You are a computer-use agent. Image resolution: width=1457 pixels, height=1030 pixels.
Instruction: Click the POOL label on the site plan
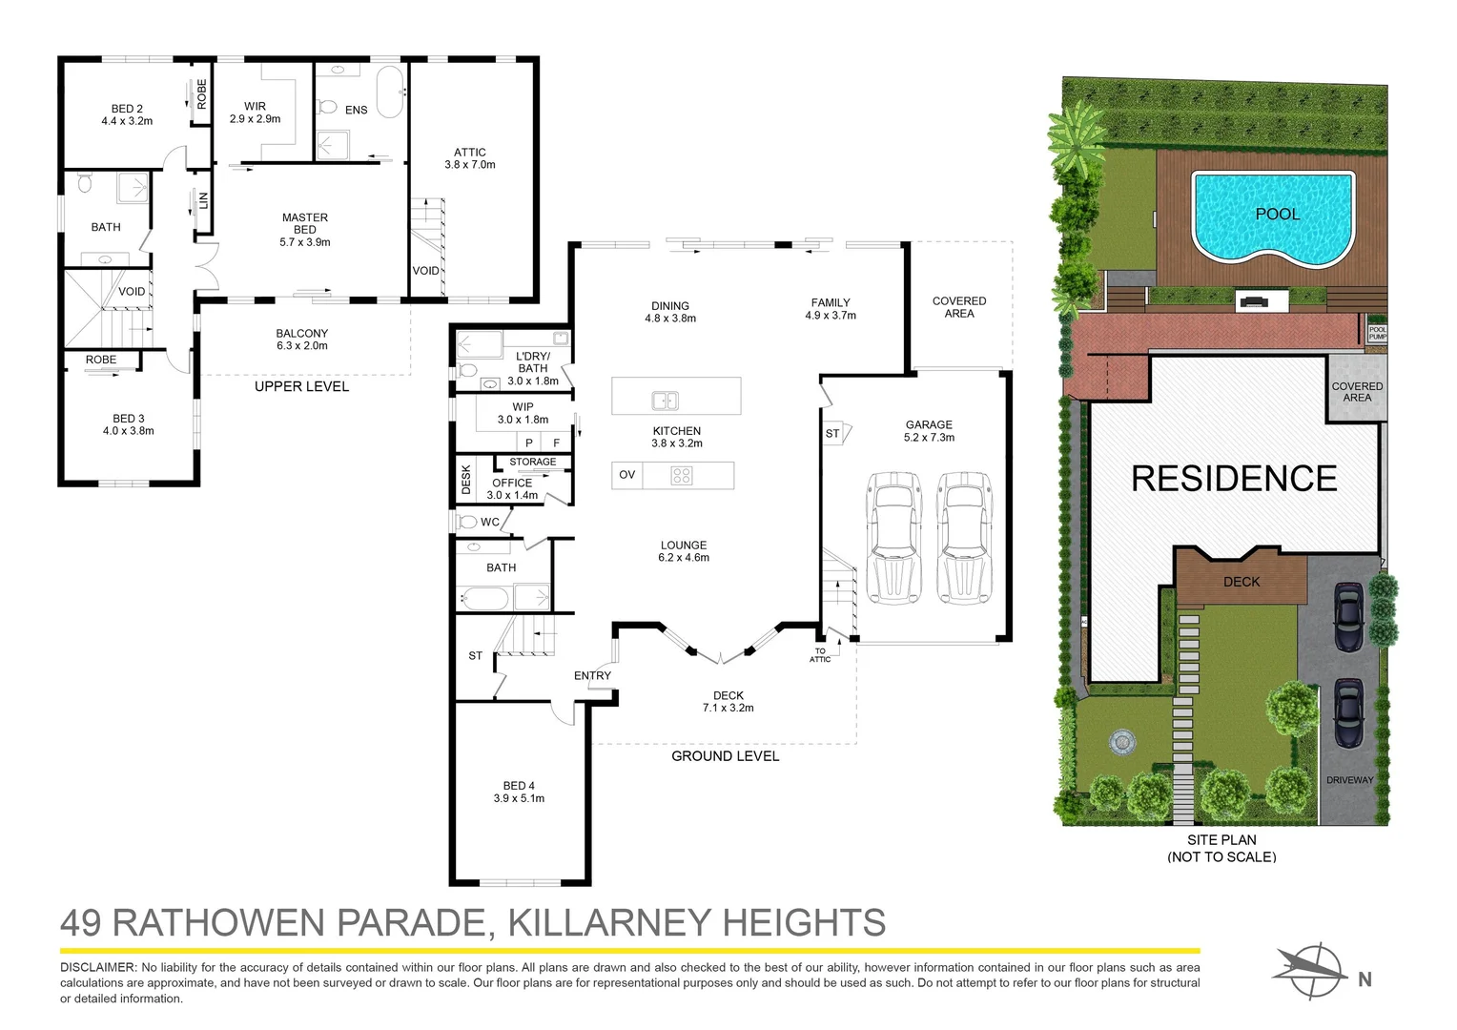pos(1277,214)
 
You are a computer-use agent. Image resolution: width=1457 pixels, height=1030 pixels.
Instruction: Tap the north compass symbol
pos(1313,972)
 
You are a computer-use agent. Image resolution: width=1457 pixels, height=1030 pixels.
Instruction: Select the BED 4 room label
pos(519,792)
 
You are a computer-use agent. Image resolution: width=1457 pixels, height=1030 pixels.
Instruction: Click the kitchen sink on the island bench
pos(665,401)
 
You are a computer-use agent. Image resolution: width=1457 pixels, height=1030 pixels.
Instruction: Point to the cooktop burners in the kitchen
pos(681,475)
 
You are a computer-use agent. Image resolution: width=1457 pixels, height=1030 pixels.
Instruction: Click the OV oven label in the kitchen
pos(626,475)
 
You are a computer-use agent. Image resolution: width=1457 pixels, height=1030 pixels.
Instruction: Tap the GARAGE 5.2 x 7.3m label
pos(929,431)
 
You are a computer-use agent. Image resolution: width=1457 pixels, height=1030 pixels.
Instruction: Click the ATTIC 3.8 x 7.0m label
pos(470,158)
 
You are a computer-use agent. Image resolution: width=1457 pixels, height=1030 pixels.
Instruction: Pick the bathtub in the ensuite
pos(390,92)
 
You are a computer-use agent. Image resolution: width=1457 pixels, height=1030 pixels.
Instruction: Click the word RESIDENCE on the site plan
pos(1234,478)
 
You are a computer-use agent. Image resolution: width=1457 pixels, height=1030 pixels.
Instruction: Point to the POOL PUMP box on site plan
pos(1378,333)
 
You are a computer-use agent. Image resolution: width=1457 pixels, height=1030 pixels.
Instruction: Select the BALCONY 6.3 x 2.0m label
pos(302,340)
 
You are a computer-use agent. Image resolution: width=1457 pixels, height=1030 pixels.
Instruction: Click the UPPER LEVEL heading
pos(301,386)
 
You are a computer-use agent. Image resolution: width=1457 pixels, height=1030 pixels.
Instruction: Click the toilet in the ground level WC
pos(467,522)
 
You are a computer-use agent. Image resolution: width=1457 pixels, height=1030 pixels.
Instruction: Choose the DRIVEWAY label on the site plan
pos(1349,780)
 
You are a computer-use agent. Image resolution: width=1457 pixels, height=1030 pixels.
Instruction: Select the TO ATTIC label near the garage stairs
pos(820,655)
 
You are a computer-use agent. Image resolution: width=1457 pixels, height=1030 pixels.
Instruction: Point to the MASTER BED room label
pos(305,230)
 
